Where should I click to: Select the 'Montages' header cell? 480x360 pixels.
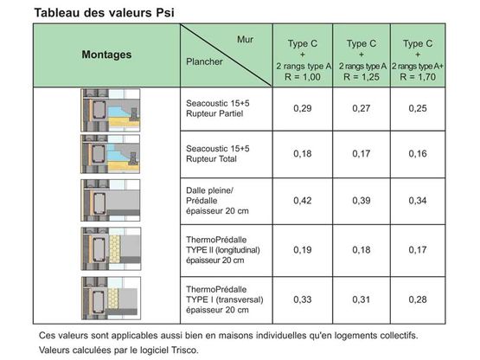106,55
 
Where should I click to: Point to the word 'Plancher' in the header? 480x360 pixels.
205,62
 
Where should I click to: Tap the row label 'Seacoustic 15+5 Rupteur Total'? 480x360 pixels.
213,155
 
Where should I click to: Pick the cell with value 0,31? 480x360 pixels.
361,299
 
